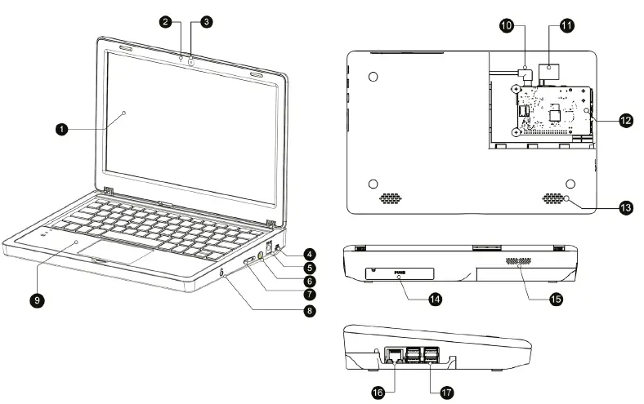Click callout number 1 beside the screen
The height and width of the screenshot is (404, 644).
tap(61, 128)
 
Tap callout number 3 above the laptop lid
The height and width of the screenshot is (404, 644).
tap(206, 23)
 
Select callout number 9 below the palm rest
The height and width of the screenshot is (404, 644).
tap(37, 300)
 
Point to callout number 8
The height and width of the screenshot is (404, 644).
tap(310, 310)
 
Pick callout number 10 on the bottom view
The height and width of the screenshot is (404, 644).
tap(507, 27)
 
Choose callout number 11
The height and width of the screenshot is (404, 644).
tap(566, 27)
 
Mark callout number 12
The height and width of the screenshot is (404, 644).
tap(625, 120)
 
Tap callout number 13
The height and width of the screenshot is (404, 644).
tap(625, 208)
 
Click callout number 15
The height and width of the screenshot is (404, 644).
tap(556, 299)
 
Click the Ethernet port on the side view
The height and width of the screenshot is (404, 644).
tap(394, 356)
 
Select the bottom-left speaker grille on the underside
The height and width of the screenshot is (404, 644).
tap(391, 198)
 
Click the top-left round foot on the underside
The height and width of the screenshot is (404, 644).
tap(373, 77)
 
